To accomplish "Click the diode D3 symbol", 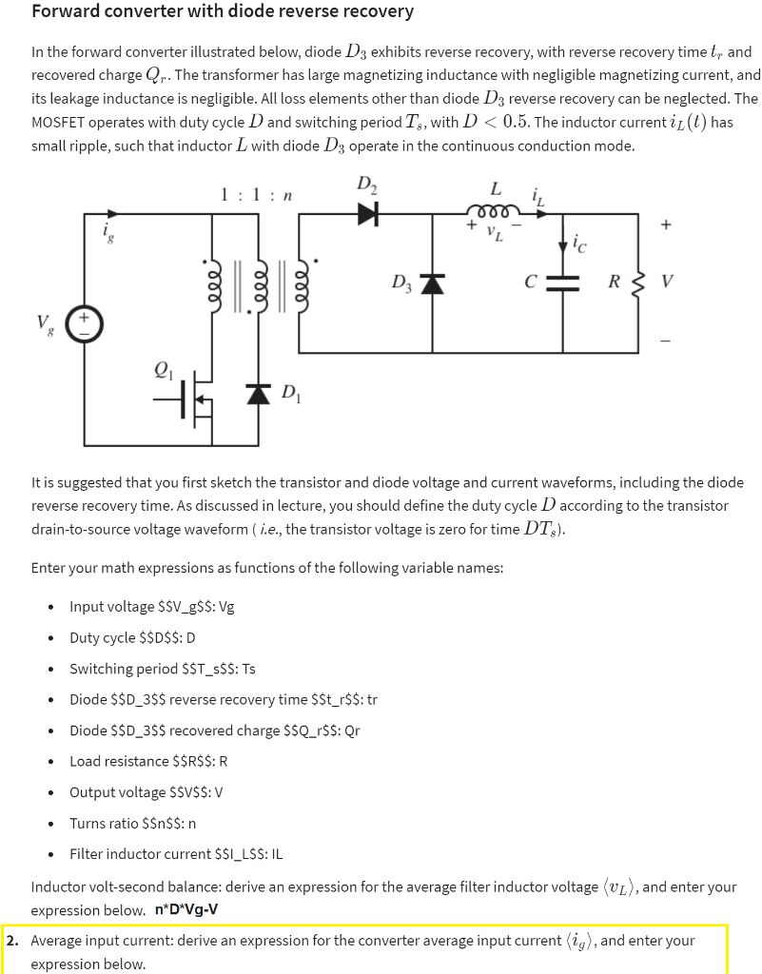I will coord(434,282).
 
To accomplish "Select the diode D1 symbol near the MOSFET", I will coord(259,392).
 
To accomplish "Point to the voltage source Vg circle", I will coord(83,322).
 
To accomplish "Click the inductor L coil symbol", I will coord(492,210).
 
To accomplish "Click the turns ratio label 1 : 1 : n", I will coord(254,196).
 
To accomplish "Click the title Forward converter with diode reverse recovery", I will coord(223,11).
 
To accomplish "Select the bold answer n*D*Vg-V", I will coord(186,910).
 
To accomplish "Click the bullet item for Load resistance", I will coord(148,761).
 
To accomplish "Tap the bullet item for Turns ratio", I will coord(132,823).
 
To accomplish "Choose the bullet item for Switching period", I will coord(162,668).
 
